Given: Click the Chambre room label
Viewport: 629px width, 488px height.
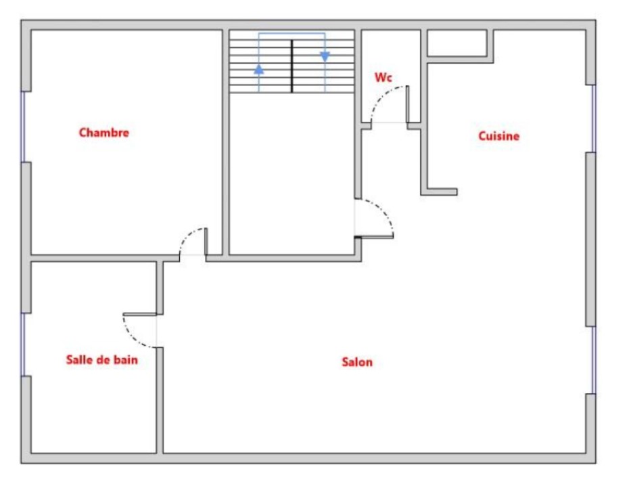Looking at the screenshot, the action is [x=104, y=133].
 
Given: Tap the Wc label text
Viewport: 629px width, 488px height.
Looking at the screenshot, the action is [x=383, y=77].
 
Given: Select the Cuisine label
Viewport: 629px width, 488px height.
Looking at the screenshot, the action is [x=498, y=136].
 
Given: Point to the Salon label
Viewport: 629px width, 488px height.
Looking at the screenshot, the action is [x=357, y=362].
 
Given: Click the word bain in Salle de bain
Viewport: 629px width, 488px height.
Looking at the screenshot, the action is [x=126, y=359].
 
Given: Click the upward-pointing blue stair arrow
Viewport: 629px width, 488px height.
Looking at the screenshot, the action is [x=259, y=70].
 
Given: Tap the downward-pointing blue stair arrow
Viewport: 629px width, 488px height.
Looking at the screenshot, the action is [x=325, y=57].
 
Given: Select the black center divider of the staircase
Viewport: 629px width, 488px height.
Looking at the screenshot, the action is [x=292, y=66].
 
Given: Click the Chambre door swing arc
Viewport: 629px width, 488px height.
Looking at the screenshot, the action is [x=187, y=236].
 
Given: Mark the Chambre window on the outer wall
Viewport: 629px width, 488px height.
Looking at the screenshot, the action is [x=23, y=127].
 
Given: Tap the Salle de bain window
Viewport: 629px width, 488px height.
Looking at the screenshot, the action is [x=23, y=345].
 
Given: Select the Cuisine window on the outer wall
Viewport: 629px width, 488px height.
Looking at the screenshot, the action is [x=594, y=119].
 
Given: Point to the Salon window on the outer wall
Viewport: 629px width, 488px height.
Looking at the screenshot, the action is [x=594, y=360].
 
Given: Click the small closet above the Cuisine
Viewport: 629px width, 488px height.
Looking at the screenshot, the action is [x=457, y=43].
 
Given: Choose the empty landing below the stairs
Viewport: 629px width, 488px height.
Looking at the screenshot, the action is [x=292, y=174].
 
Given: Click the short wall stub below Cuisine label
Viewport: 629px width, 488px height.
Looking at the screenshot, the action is [x=439, y=192].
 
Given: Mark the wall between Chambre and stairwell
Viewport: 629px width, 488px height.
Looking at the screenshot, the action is [x=226, y=142].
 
